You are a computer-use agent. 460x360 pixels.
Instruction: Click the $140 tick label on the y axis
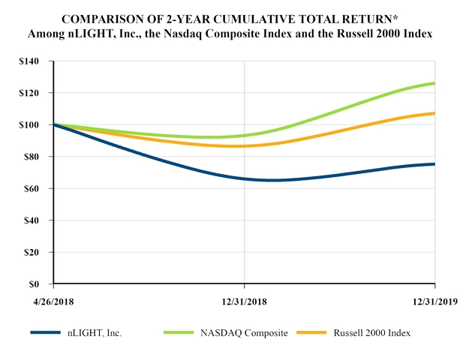(31, 61)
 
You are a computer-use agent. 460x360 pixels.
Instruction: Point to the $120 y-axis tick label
(31, 93)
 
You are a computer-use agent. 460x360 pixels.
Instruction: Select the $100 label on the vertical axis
(31, 124)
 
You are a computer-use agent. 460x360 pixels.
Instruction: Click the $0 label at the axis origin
(36, 284)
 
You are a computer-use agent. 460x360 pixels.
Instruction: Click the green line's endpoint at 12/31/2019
(434, 83)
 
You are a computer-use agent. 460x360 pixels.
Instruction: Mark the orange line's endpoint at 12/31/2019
(434, 113)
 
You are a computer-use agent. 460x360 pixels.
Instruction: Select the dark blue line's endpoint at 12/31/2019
(434, 164)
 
